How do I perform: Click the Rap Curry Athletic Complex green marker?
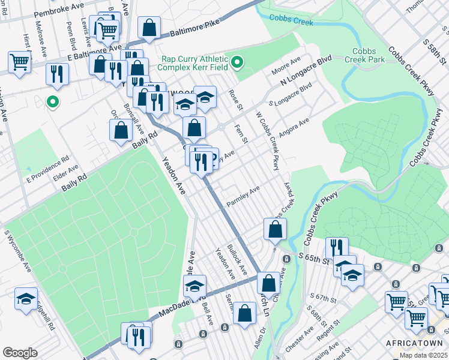(237, 62)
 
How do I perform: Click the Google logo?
(20, 352)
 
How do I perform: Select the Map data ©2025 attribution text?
(423, 355)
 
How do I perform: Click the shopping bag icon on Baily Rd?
(121, 131)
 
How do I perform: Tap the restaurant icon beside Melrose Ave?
(57, 74)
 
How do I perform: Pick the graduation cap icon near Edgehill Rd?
(26, 299)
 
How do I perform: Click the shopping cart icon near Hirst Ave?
(20, 61)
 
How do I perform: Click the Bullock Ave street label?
(237, 260)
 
